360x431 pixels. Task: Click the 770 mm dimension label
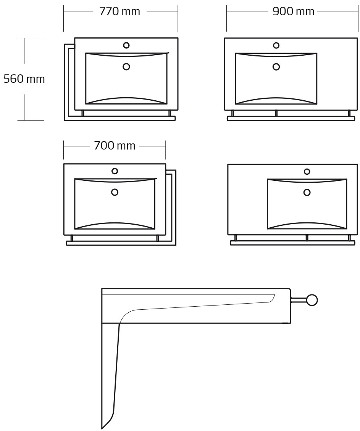coord(119,12)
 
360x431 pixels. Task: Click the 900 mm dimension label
coord(293,12)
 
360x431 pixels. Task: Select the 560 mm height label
coord(24,79)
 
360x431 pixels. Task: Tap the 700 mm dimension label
coord(115,146)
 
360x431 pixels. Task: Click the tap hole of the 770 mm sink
coord(126,45)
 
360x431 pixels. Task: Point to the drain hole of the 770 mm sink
coord(126,67)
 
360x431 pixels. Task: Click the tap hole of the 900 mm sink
coord(276,45)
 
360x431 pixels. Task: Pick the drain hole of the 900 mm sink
coord(276,67)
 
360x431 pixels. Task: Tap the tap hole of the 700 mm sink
coord(115,171)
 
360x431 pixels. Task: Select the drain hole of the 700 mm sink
coord(115,192)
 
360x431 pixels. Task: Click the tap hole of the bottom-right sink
coord(307,172)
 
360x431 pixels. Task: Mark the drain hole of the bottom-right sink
coord(307,193)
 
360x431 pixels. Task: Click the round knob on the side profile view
coord(312,300)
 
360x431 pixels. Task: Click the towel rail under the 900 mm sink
coord(291,119)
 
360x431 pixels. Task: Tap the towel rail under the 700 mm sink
coord(115,243)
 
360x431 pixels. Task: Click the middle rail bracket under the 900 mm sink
coord(276,113)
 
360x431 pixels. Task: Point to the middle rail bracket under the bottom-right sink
coord(307,238)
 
